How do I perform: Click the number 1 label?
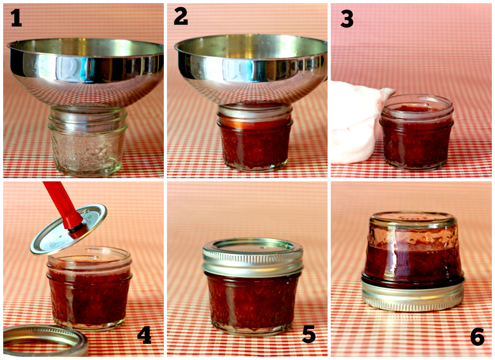[x=16, y=18]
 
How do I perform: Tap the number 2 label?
[x=180, y=18]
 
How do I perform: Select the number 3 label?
[x=346, y=19]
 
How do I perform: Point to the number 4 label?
[x=144, y=335]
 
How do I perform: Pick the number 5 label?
[x=309, y=335]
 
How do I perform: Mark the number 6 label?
[x=477, y=337]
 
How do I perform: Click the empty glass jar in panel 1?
[x=88, y=144]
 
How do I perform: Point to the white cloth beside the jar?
[x=355, y=121]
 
